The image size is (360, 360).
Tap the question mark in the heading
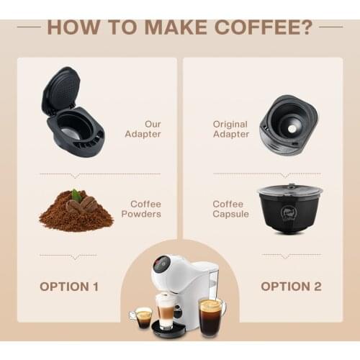pyautogui.click(x=305, y=27)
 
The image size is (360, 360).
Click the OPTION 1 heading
pyautogui.click(x=68, y=286)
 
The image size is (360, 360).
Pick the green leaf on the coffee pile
pyautogui.click(x=76, y=195)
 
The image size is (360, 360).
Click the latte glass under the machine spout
pyautogui.click(x=166, y=314)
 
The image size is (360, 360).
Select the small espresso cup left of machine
pyautogui.click(x=143, y=316)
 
